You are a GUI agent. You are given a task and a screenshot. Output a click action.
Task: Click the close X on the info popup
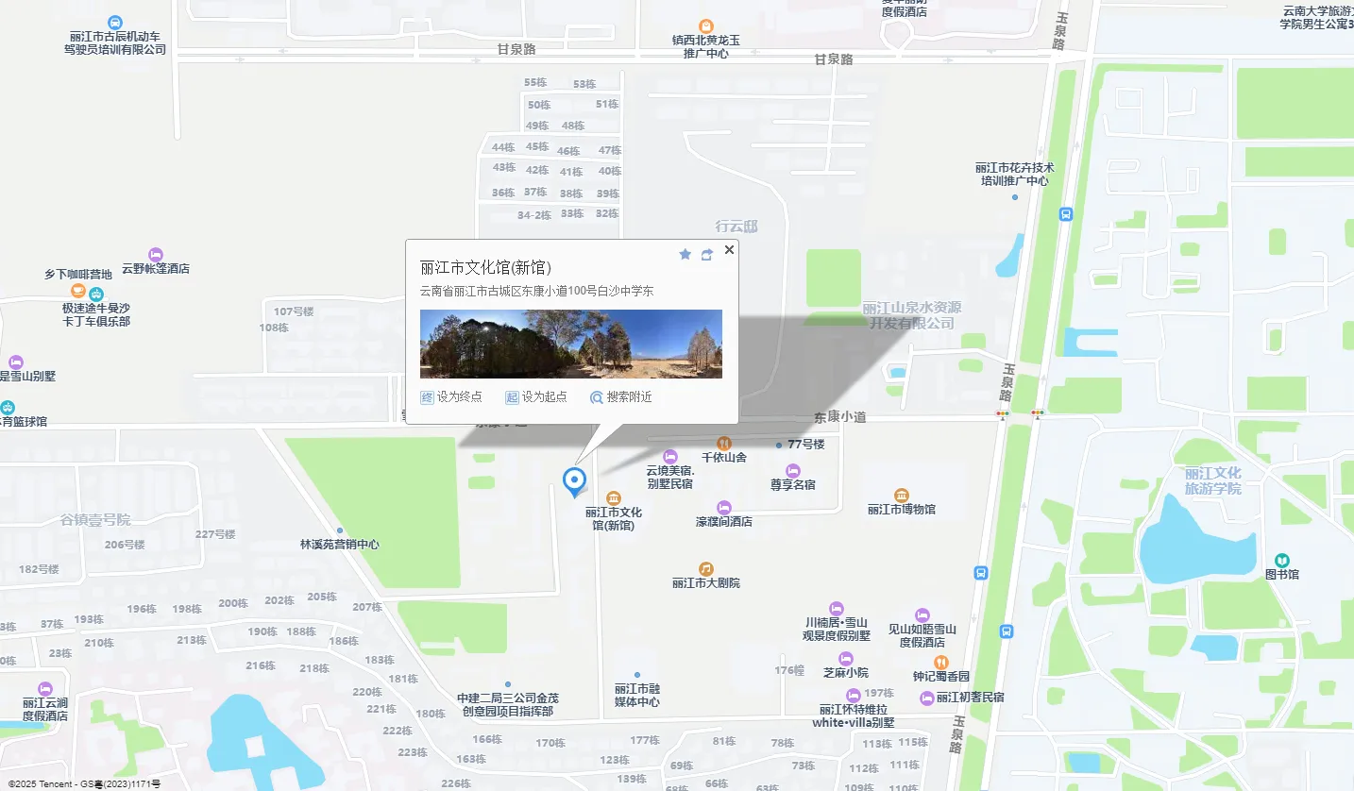coord(729,250)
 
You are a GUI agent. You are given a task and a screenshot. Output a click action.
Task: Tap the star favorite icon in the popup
coord(685,255)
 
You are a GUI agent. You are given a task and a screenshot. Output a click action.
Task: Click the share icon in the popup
coord(707,255)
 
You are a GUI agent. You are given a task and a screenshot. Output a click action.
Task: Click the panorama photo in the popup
coord(570,344)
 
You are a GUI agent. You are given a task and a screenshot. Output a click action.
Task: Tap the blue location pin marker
coord(574,480)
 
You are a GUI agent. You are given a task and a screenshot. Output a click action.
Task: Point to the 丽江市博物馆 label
coord(902,510)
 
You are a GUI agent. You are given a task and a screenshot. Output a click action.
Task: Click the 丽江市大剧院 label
coord(706,583)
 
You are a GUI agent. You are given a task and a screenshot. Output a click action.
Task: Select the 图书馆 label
coord(1282,574)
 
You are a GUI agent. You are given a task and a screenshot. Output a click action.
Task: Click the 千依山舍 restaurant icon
coord(724,443)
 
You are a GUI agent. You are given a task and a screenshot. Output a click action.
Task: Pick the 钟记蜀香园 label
coord(940,677)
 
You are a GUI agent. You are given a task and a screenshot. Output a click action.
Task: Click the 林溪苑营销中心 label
coord(340,545)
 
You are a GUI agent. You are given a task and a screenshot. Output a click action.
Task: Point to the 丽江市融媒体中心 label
coord(637,695)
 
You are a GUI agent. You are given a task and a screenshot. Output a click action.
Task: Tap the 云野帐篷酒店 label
coord(156,268)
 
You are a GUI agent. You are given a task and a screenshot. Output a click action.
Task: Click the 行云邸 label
coord(736,227)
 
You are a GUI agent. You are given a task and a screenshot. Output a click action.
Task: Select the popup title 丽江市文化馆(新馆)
coord(485,268)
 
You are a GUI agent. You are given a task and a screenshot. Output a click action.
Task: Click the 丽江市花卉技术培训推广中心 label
coord(1015,174)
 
